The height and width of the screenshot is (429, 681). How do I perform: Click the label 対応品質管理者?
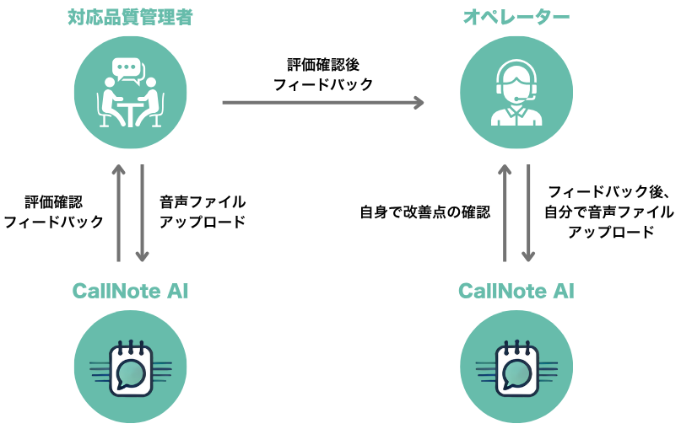[x=130, y=18]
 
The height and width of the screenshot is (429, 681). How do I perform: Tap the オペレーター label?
[x=516, y=18]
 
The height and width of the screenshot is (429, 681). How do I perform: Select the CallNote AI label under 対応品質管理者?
[x=130, y=292]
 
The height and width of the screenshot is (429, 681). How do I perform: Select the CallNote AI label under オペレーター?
[x=516, y=292]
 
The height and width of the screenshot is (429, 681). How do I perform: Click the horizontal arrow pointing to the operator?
[x=321, y=103]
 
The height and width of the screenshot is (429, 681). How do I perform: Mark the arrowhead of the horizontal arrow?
[x=419, y=103]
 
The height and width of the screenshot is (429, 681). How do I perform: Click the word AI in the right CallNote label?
[x=563, y=292]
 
